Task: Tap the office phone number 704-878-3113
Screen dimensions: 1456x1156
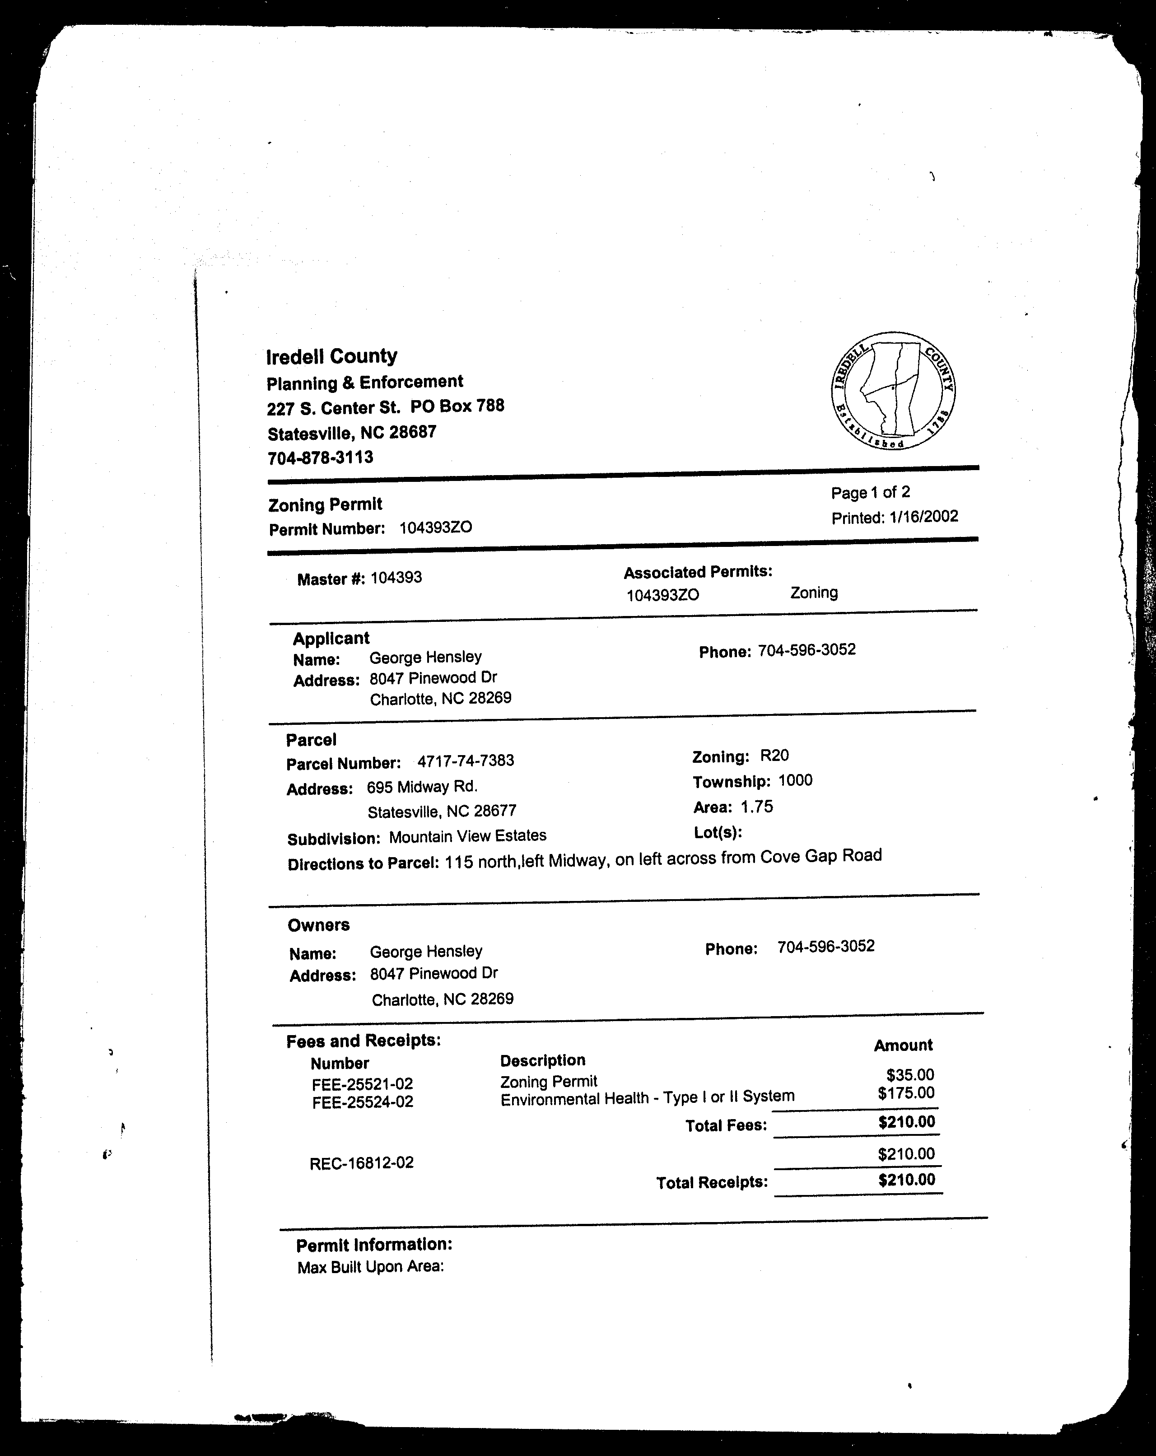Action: [320, 458]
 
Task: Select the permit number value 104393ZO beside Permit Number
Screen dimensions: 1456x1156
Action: [435, 527]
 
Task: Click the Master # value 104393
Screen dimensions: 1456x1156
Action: [396, 578]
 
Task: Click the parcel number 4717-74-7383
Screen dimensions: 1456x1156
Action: [465, 761]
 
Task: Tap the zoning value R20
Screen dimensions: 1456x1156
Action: [774, 756]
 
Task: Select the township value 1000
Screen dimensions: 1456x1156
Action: [795, 781]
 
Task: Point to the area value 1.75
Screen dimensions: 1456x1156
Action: [756, 806]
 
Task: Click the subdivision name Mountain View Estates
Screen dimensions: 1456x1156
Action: [467, 836]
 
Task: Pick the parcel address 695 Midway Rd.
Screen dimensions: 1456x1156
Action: [422, 787]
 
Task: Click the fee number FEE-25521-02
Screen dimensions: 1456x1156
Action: [362, 1084]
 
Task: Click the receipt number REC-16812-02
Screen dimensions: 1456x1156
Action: [361, 1163]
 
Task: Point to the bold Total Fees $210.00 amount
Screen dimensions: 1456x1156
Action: [906, 1122]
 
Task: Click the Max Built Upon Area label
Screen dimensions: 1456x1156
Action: [370, 1267]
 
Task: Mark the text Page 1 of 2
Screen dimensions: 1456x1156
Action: [870, 492]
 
